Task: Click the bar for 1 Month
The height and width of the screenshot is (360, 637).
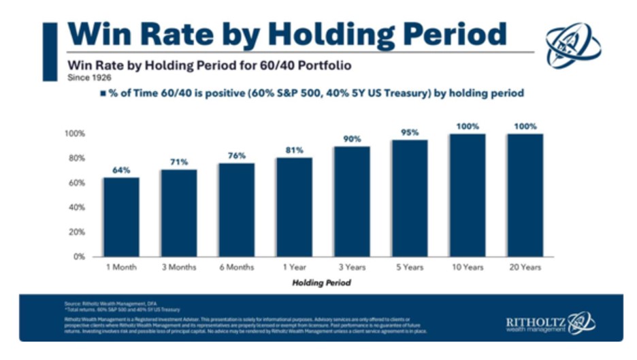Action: point(121,217)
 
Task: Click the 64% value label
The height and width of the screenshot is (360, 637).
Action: point(121,170)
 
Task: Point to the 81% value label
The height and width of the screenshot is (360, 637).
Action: point(294,150)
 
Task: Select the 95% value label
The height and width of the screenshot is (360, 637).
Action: point(409,132)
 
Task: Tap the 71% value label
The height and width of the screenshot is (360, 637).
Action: point(179,162)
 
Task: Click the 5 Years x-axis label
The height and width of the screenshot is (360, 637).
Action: point(409,267)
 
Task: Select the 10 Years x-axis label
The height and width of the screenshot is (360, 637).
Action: point(467,267)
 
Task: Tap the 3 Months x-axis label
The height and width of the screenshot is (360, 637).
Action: point(179,267)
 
